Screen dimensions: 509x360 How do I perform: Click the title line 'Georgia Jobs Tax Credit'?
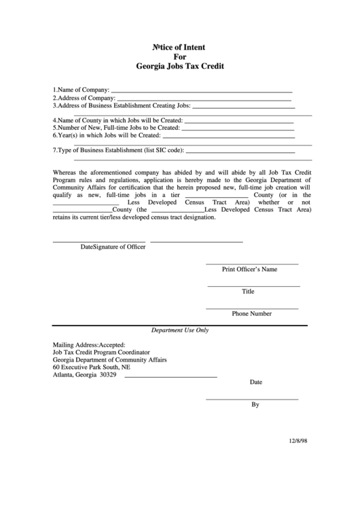[x=179, y=68]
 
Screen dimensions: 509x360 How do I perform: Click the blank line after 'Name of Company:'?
[x=201, y=90]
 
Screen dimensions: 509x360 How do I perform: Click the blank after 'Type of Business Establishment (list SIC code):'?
[x=240, y=151]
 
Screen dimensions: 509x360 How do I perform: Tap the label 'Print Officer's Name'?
[x=250, y=269]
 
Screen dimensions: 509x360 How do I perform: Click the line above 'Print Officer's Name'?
[x=251, y=263]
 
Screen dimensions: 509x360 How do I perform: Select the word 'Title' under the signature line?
[x=248, y=292]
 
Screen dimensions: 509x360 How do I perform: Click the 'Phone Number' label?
[x=251, y=314]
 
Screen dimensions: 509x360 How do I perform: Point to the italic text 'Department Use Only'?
[x=179, y=330]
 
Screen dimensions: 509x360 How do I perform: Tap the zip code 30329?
[x=108, y=374]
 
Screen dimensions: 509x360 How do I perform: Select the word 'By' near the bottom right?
[x=255, y=404]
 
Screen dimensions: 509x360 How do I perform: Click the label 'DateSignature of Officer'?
[x=113, y=247]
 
